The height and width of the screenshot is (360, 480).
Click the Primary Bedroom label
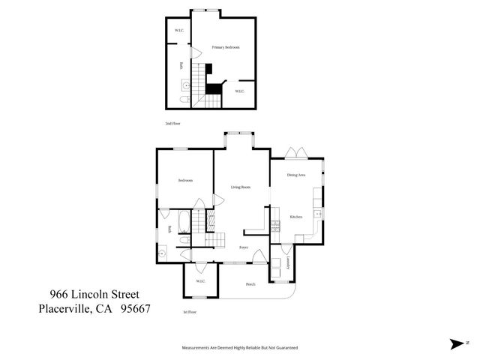tap(225, 47)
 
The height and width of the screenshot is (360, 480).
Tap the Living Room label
tap(240, 187)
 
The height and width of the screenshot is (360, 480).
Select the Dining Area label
tap(296, 175)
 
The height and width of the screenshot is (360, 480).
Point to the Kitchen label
tap(295, 217)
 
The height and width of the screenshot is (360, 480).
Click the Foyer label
tap(244, 247)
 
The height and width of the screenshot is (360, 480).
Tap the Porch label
tap(250, 284)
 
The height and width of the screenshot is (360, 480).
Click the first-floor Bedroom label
tap(185, 181)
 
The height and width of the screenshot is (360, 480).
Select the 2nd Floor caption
tap(173, 123)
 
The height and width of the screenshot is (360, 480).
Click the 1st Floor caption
tap(190, 311)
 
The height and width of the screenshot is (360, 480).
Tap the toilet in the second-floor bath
tap(184, 98)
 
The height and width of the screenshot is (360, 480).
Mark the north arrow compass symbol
tap(457, 344)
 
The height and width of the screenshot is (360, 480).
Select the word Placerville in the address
tap(62, 307)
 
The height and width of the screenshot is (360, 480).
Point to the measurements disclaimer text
tap(240, 348)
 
